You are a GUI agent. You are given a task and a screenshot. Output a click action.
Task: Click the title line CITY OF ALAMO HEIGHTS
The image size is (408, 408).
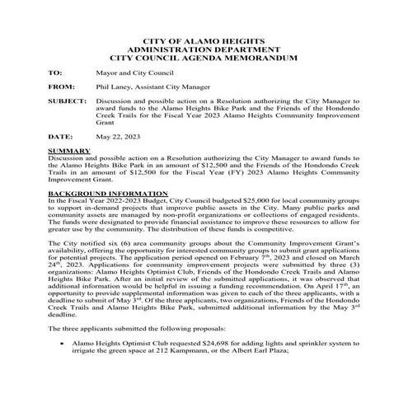pos(204,40)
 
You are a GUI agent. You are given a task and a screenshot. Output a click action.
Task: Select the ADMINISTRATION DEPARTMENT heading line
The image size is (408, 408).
pos(204,49)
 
